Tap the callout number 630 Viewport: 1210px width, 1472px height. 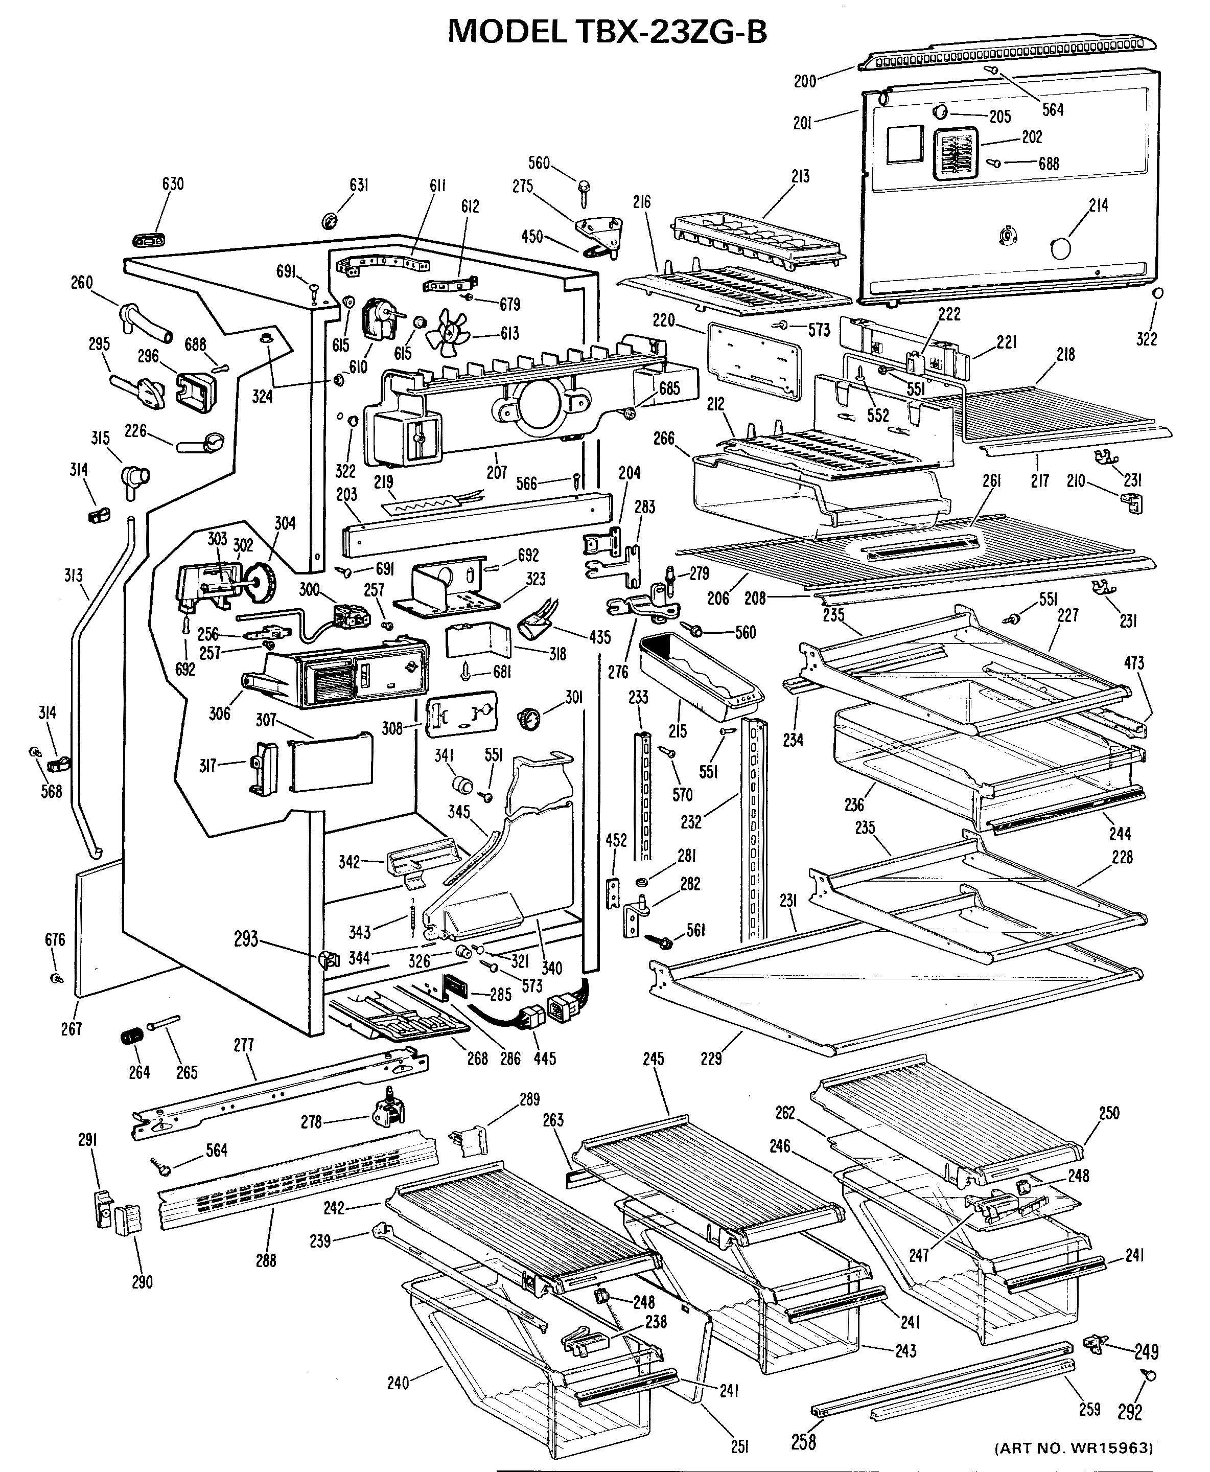[173, 184]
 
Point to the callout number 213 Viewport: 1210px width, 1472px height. [800, 176]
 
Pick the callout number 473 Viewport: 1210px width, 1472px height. [1134, 663]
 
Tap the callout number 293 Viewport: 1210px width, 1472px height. [246, 939]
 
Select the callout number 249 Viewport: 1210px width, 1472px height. [1147, 1352]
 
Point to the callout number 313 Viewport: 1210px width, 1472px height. [73, 576]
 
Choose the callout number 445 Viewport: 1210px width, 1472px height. [544, 1059]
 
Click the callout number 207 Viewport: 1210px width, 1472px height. [496, 472]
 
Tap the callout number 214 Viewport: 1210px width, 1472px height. [1098, 205]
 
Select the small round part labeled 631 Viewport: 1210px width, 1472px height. [329, 222]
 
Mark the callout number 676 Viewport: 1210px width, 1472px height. [55, 940]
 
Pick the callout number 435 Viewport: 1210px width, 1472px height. [599, 637]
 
